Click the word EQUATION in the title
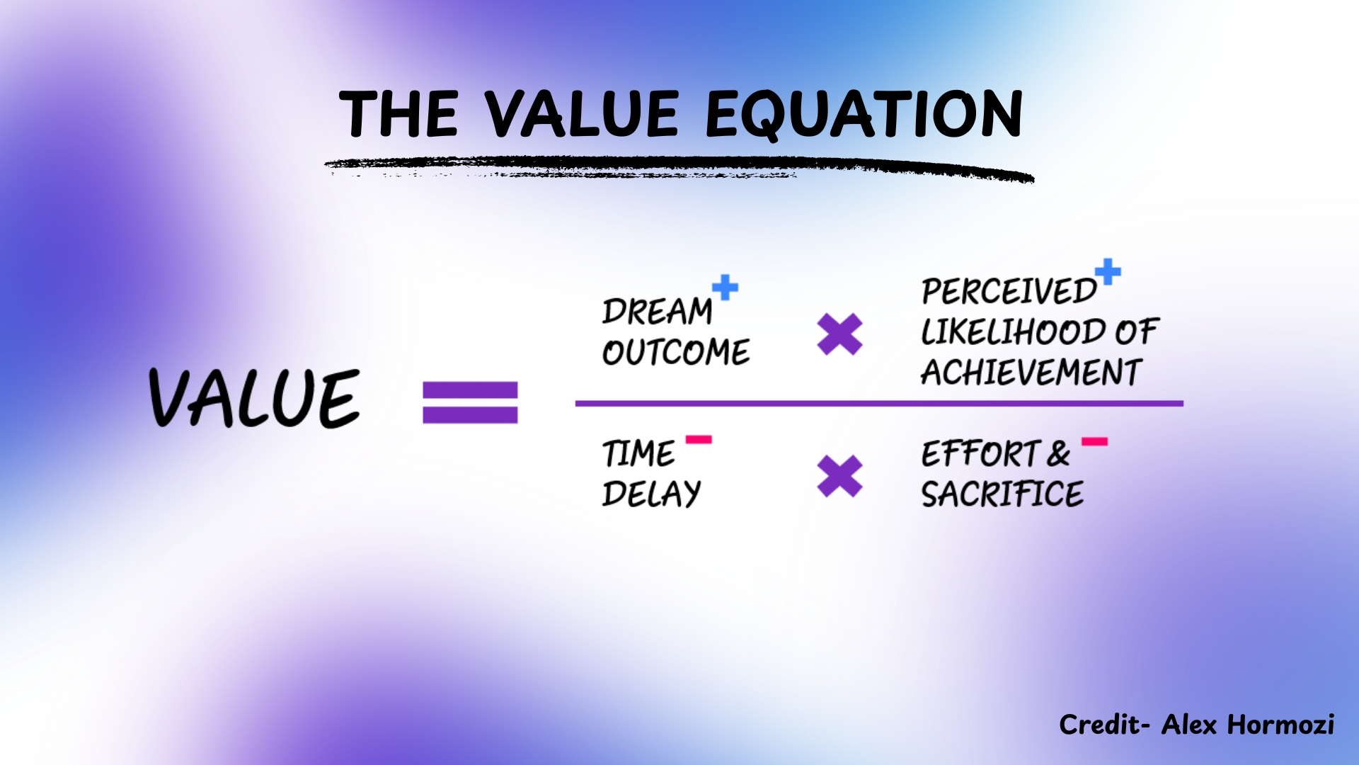(864, 114)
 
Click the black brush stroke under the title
(679, 169)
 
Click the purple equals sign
(470, 402)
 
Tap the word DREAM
(657, 312)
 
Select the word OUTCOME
(676, 352)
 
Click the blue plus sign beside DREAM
(725, 288)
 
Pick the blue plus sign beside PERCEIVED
(1108, 271)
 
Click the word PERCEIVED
(1009, 291)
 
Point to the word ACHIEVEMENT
(1031, 372)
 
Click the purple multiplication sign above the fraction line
(839, 334)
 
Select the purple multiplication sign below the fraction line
(839, 475)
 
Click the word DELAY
(651, 494)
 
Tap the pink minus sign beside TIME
(699, 440)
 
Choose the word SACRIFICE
(1002, 494)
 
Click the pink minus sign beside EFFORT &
(1094, 442)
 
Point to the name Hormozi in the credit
(1280, 725)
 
